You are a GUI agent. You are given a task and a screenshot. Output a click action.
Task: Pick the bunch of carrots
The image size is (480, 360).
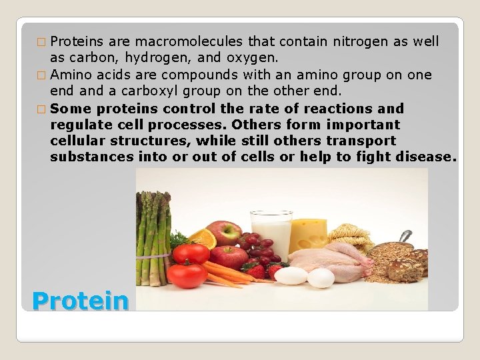coord(227,273)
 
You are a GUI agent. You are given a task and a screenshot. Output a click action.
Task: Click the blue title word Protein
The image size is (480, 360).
coord(80,301)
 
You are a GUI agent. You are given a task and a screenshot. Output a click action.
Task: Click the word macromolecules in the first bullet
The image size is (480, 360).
coord(164,41)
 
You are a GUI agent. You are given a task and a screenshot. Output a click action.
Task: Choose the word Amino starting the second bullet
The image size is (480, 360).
coord(72,75)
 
